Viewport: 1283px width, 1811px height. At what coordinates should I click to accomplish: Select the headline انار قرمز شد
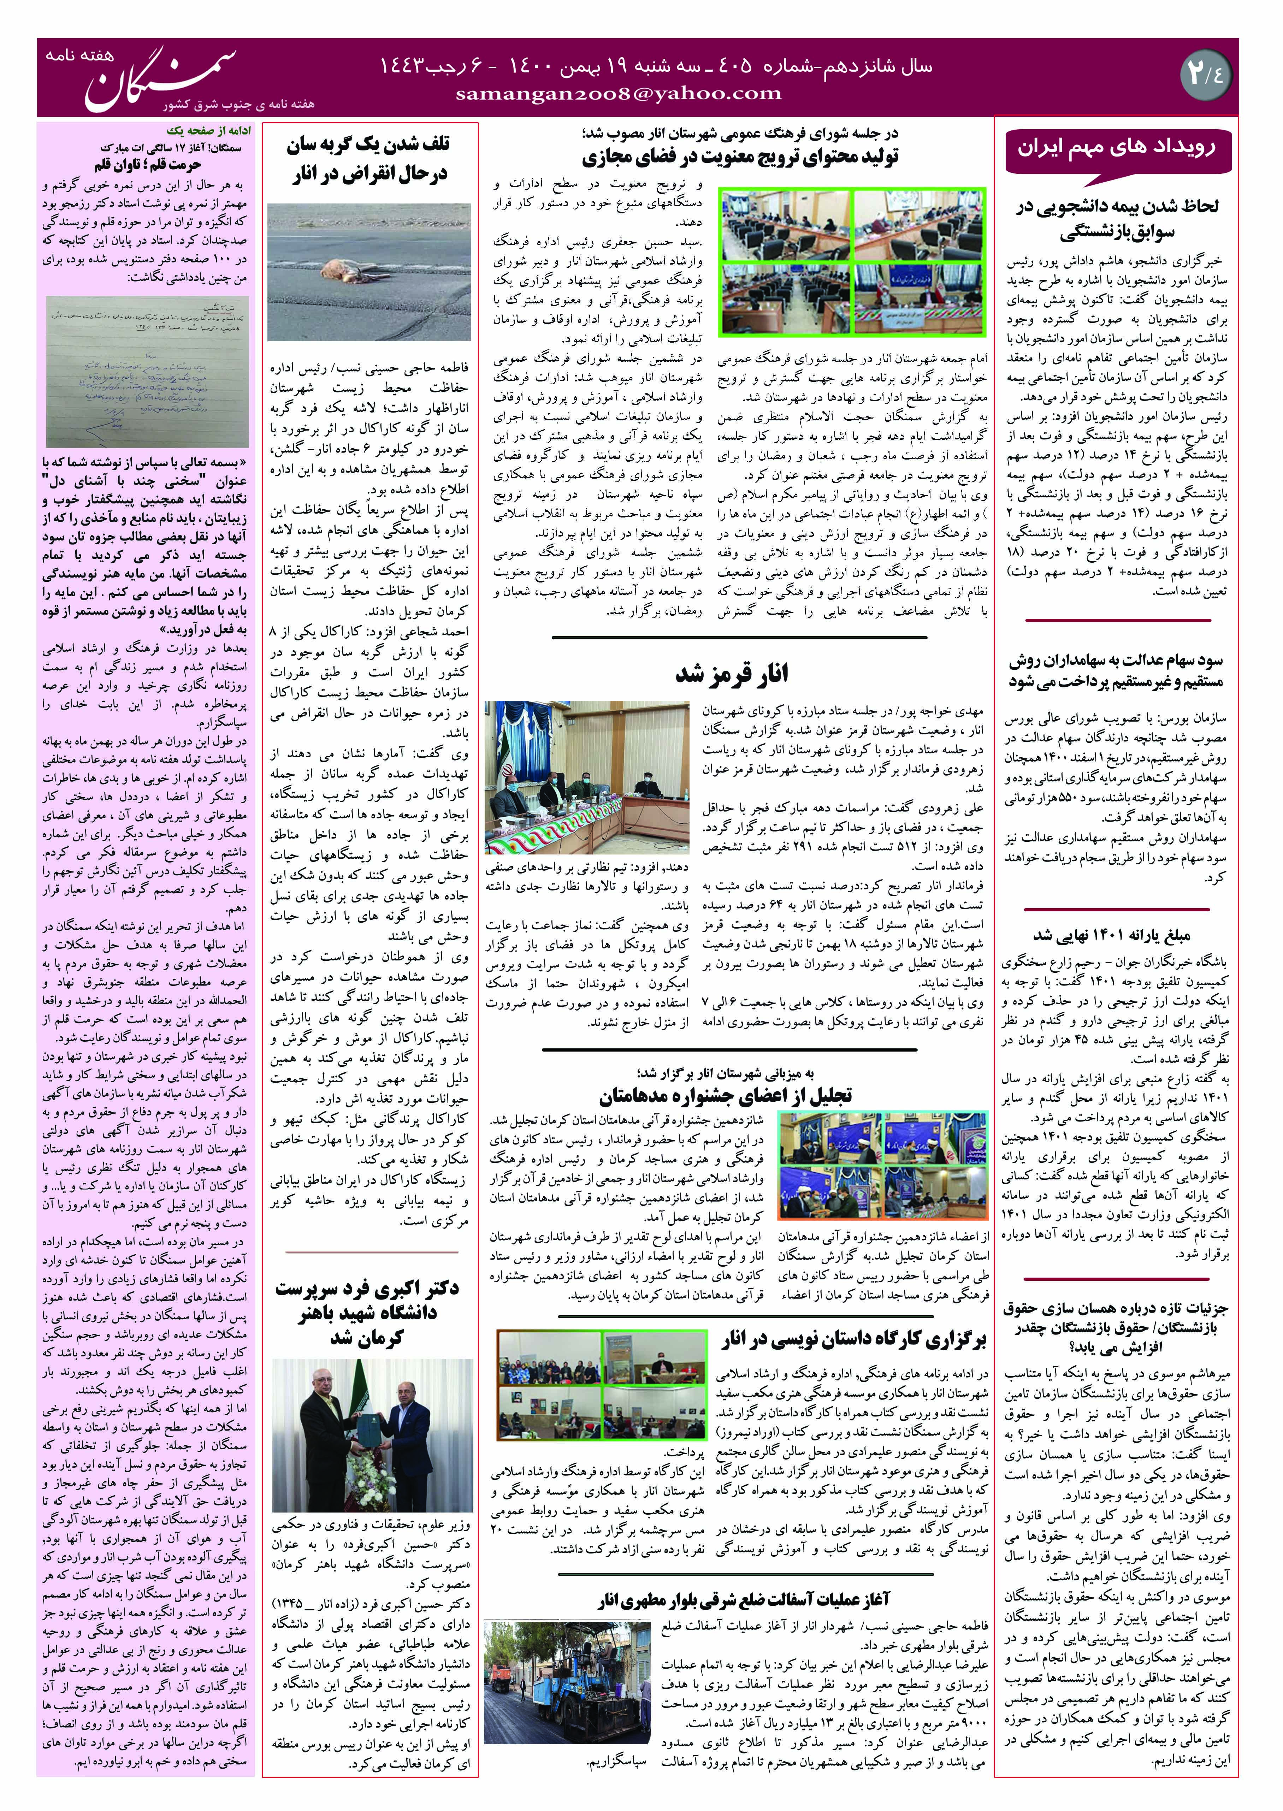[x=732, y=674]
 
